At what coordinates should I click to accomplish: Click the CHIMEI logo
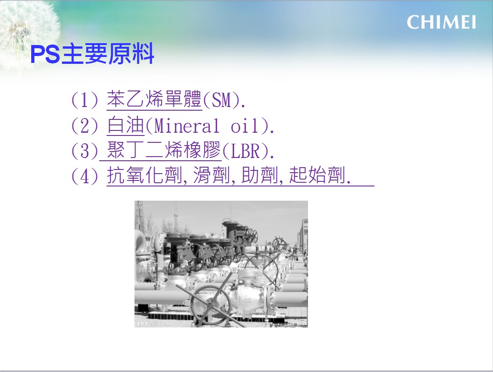coord(441,23)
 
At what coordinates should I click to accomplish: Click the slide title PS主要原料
coord(92,54)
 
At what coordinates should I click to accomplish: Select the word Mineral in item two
coord(186,126)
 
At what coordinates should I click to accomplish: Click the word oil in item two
coord(245,126)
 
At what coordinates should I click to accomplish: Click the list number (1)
coord(85,100)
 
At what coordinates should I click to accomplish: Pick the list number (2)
coord(85,126)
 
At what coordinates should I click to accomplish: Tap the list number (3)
coord(85,151)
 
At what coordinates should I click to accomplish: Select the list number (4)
coord(85,175)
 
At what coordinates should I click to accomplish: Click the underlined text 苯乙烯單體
coord(154,99)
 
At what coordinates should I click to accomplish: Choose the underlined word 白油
coord(125,125)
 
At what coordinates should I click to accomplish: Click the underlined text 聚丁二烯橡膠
coord(164,150)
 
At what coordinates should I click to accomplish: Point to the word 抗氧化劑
coord(145,175)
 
